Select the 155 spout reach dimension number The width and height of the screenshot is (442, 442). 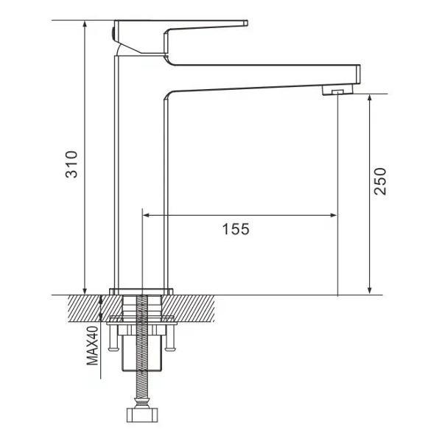[236, 229]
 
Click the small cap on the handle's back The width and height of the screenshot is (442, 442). [112, 30]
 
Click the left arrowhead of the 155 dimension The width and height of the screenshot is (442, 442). [146, 216]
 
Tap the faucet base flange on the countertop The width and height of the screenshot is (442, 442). [141, 290]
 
